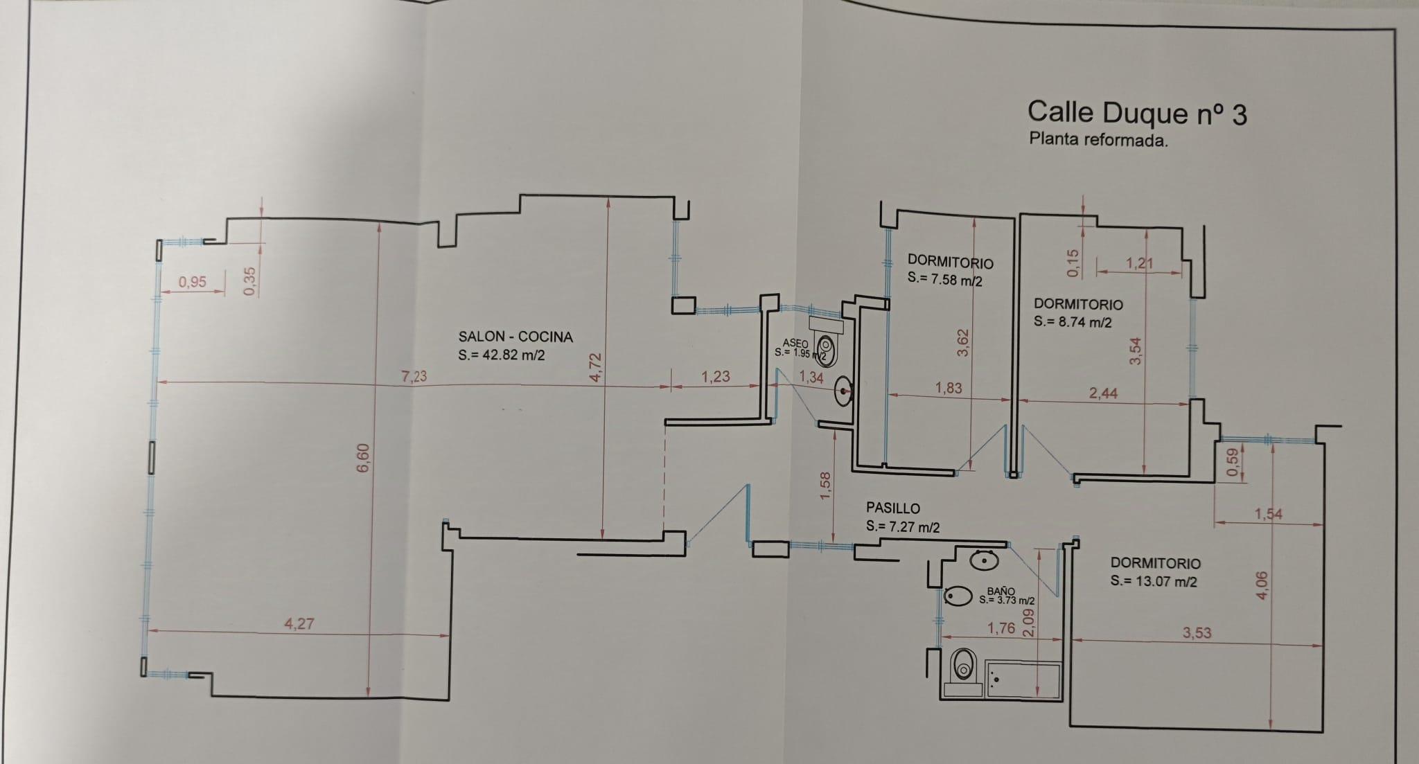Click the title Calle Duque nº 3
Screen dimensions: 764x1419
1136,114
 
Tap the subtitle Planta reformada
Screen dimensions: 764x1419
1098,140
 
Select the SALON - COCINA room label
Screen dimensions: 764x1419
515,337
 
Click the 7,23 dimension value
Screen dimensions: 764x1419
414,376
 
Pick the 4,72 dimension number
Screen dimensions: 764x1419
597,366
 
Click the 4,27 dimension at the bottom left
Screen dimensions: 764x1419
299,623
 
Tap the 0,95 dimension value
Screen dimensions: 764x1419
192,282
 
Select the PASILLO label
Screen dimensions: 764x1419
893,508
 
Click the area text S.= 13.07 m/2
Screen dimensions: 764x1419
1153,582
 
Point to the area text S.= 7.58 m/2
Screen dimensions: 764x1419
944,279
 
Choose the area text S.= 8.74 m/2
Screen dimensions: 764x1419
1073,322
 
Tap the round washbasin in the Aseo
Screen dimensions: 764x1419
844,391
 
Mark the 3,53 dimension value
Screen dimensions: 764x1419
1197,633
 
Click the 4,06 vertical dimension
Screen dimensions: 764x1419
1261,585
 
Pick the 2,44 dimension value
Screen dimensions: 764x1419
1103,393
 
